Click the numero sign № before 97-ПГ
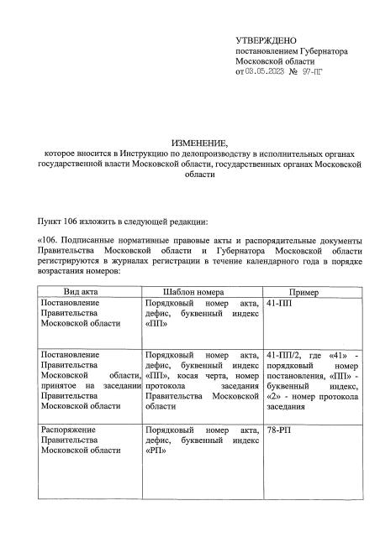click(x=292, y=74)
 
